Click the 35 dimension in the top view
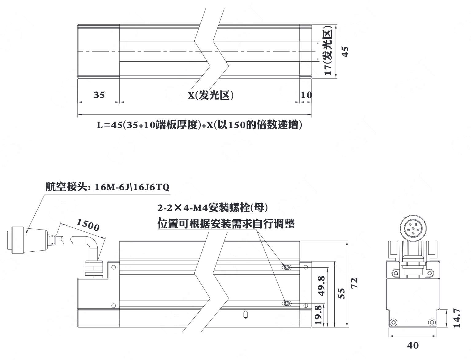(99, 95)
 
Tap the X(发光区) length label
(211, 95)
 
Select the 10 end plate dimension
(306, 95)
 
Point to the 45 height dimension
(345, 52)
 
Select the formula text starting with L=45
(200, 125)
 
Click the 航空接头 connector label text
(107, 187)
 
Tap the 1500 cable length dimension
(88, 225)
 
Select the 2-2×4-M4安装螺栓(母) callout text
(213, 208)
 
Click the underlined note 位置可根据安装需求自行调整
(226, 224)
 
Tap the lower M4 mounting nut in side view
(286, 303)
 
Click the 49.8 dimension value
(321, 286)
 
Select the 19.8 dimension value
(318, 315)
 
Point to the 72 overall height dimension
(354, 283)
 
